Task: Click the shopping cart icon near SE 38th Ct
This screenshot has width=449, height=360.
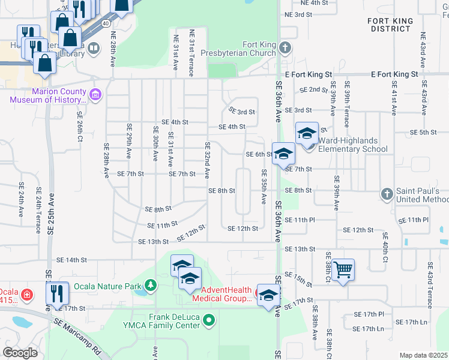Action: (343, 269)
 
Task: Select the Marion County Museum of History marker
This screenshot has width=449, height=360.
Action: (95, 94)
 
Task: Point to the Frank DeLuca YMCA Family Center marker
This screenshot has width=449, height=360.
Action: (209, 320)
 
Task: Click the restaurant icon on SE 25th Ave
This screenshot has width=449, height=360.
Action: (58, 293)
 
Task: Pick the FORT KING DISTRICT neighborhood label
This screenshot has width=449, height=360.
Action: (390, 25)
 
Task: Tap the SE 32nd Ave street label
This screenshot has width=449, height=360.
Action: (208, 160)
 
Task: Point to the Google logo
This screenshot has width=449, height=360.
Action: (20, 353)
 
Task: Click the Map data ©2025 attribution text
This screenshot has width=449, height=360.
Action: (423, 355)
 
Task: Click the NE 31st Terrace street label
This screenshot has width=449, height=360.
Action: (191, 53)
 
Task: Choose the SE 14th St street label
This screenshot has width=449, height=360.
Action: (72, 260)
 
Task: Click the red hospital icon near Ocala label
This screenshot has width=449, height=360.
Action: (26, 295)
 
